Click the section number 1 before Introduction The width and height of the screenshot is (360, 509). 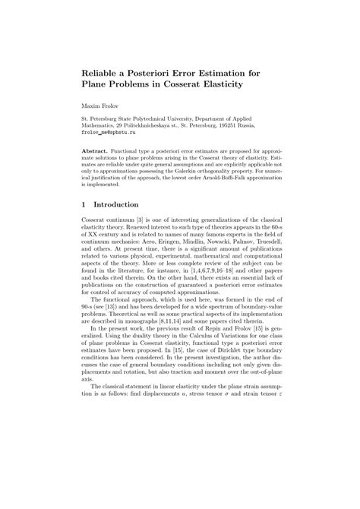click(84, 204)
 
